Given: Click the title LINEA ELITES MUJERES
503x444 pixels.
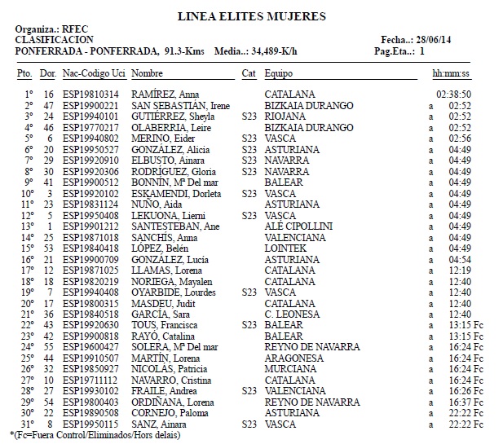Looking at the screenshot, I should click(251, 15).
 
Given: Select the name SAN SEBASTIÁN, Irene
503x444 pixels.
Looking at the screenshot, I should click(181, 106).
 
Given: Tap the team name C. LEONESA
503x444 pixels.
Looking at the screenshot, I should click(293, 314).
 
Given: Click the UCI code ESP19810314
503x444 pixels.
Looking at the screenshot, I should click(90, 95).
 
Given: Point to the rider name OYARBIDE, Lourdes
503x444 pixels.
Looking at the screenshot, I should click(175, 292).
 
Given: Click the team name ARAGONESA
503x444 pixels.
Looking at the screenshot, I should click(293, 358).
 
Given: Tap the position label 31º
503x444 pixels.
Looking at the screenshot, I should click(27, 423).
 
